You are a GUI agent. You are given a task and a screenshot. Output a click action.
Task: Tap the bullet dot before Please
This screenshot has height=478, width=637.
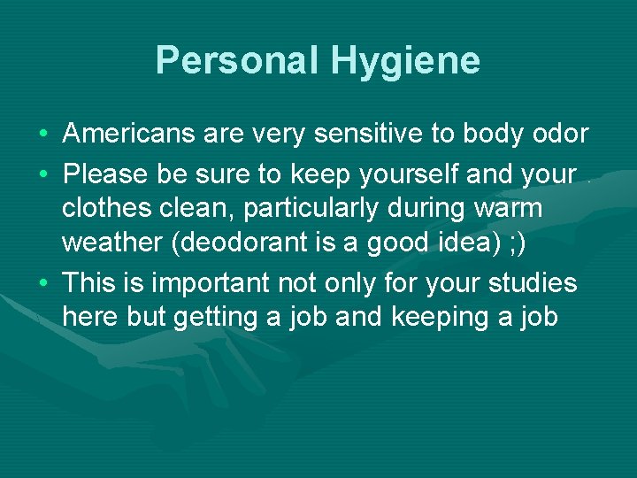tap(43, 174)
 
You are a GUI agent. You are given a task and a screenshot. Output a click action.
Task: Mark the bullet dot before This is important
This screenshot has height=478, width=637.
tap(43, 284)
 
